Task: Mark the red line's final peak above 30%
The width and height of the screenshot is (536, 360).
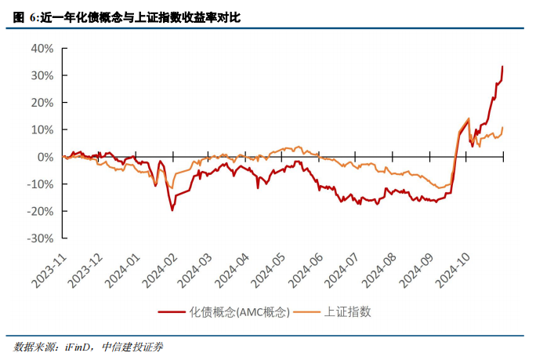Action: [x=502, y=67]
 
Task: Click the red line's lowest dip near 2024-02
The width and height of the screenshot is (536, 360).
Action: [x=172, y=210]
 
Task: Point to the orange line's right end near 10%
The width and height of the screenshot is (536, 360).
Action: [x=502, y=127]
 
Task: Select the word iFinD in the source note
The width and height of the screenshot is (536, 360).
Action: [x=80, y=346]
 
